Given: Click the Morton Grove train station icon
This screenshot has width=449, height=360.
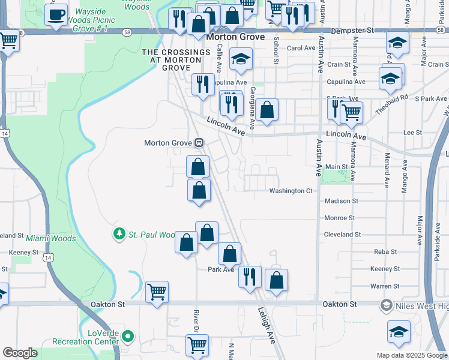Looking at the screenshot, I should pos(198,143).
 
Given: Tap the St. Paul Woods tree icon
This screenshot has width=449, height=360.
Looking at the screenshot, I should pos(120,233).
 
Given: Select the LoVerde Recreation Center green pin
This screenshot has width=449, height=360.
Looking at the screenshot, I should pos(127,336).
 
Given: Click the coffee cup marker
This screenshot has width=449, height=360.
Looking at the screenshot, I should pos(56,15).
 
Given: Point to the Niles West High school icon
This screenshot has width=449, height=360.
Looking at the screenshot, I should pos(387,306).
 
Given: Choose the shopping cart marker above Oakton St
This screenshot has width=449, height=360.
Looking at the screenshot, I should pos(157,292).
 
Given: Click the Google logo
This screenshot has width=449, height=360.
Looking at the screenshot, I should pos(20,353).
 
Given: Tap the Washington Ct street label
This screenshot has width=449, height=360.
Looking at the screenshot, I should pos(291,191).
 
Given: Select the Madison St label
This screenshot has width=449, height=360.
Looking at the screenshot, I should pos(341,201).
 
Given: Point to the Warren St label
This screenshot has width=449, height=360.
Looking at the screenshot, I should pos(384,286).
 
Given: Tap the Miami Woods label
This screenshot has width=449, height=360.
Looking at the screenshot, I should pos(51,238).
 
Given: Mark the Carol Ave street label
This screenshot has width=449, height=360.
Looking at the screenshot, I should pos(301,48).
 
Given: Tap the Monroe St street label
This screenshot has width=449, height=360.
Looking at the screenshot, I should pos(339,218).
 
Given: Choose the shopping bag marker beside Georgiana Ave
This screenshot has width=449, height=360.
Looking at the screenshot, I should pos(267,110).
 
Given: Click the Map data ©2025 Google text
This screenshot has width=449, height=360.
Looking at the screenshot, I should pos(411,355).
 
